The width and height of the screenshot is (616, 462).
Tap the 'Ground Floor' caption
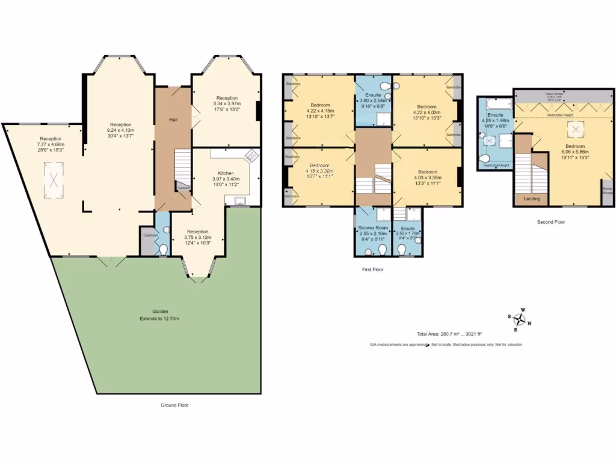point(174,405)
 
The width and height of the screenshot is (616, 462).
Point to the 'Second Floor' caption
point(552,222)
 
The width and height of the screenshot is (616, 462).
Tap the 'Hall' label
point(173,120)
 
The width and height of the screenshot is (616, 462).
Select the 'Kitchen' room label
point(227,172)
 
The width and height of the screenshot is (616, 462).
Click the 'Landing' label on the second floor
point(532,199)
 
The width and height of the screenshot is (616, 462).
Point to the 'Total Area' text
point(450,334)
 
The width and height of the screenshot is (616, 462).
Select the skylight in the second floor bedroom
point(576,129)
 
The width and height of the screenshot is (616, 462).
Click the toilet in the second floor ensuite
point(486,159)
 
